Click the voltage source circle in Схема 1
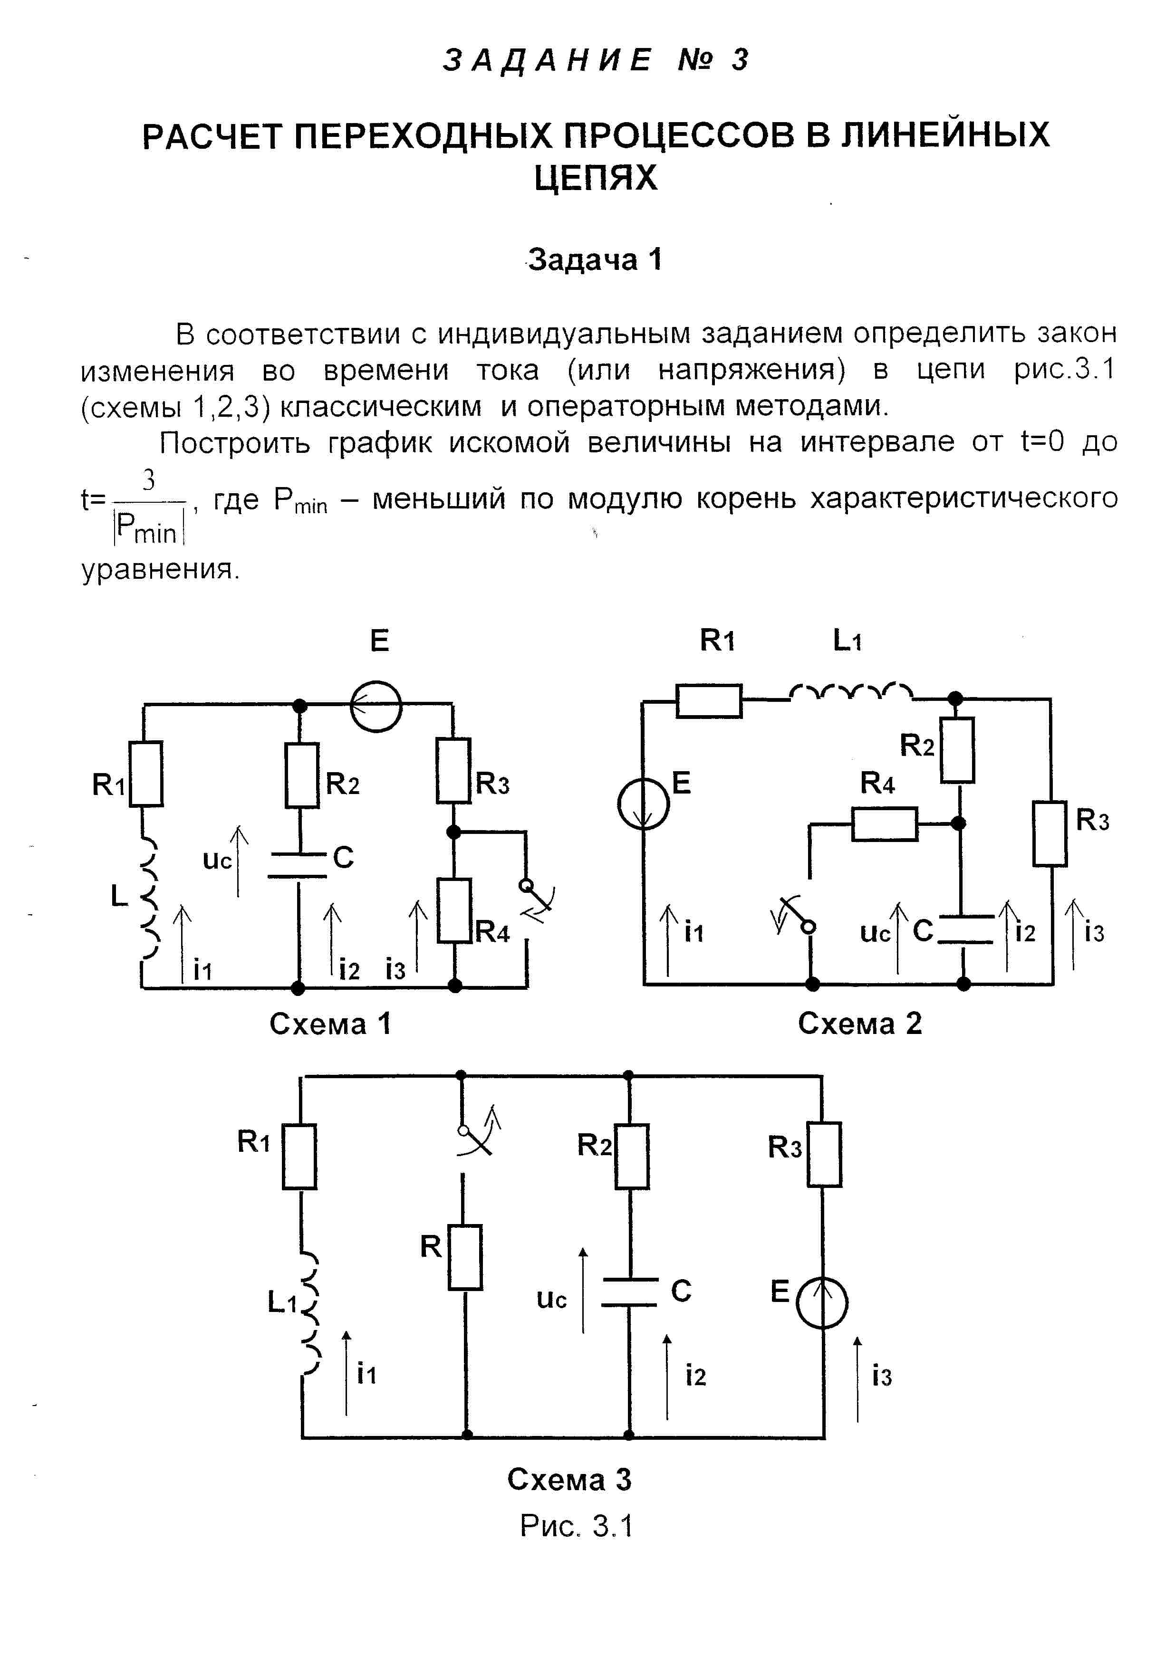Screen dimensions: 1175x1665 point(376,706)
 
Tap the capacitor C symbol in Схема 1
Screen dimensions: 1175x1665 point(298,865)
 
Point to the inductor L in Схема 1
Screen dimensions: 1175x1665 point(149,898)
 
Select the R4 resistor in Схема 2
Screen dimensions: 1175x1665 point(884,824)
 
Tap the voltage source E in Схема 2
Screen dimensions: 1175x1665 point(643,803)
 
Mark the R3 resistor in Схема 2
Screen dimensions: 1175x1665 point(1050,833)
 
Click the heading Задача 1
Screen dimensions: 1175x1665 point(595,259)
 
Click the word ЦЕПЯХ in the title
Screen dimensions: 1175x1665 point(596,177)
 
